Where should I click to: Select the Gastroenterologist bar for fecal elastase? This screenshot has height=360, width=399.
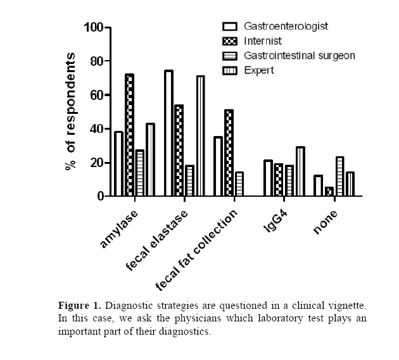[168, 133]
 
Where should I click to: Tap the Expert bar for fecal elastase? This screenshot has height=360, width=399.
[200, 135]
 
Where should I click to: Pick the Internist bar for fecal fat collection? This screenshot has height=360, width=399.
[229, 152]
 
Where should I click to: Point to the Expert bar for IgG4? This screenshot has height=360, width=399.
[300, 171]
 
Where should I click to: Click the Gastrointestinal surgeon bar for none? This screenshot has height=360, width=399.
[339, 177]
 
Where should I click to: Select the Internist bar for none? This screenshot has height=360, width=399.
[329, 192]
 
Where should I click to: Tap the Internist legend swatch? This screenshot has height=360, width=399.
[231, 41]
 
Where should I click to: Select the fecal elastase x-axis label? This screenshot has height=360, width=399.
[156, 241]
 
